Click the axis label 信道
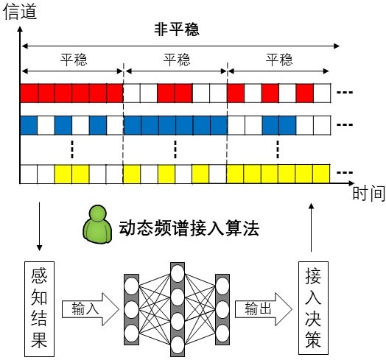[20, 12]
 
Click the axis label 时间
[369, 194]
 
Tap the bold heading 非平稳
[177, 29]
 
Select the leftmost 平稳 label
[74, 60]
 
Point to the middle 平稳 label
[177, 60]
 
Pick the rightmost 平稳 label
[279, 60]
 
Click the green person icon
[97, 225]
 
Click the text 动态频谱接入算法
[189, 228]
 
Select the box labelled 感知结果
[39, 308]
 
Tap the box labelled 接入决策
[313, 308]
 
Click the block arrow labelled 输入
[91, 309]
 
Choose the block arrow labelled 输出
[264, 309]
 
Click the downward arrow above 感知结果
[39, 227]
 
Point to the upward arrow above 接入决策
[311, 227]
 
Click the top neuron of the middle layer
[178, 273]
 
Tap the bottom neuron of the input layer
[131, 333]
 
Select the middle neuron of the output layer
[222, 309]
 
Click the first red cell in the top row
[29, 93]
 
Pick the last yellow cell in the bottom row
[321, 174]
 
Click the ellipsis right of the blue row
[345, 124]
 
